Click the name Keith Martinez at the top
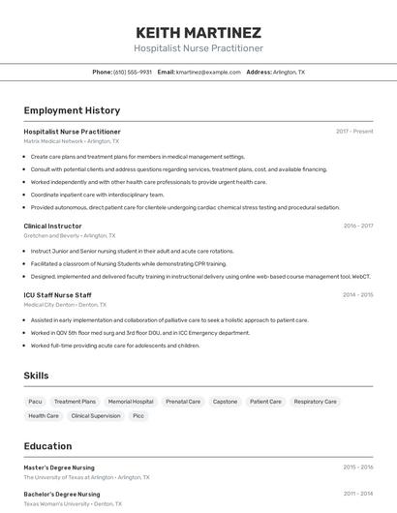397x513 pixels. tap(198, 32)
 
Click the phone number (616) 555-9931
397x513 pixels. tap(133, 72)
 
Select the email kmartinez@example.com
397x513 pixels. tap(208, 72)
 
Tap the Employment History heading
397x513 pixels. tap(72, 110)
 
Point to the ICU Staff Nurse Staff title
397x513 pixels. tap(57, 294)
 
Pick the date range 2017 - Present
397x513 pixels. tap(354, 132)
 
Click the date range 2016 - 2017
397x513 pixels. tap(357, 226)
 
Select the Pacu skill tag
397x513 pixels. tap(35, 401)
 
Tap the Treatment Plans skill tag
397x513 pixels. tap(75, 401)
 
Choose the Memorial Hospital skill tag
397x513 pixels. tap(131, 401)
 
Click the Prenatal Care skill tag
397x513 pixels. tap(183, 401)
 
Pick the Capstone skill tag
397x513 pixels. tap(225, 401)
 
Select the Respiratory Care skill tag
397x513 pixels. tap(315, 401)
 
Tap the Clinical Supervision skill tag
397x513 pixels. tap(96, 415)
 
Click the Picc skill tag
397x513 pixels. tap(138, 415)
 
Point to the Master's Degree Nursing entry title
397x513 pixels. tap(59, 467)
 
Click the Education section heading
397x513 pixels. tap(47, 446)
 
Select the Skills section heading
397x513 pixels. tap(37, 375)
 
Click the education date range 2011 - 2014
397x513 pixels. tap(357, 494)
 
